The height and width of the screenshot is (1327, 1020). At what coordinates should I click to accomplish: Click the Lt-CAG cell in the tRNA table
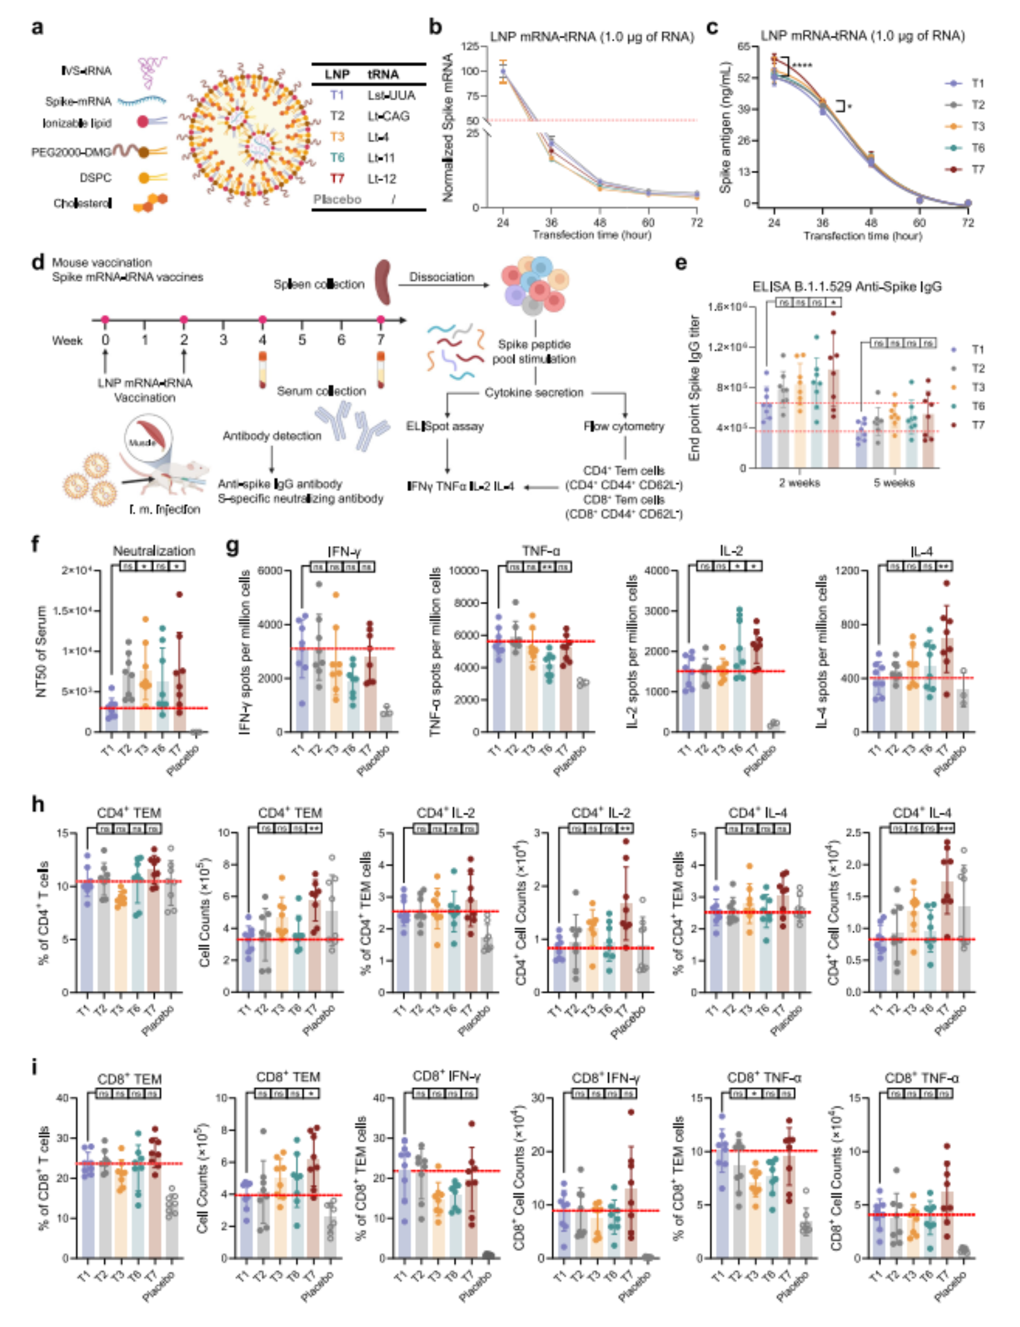coord(388,116)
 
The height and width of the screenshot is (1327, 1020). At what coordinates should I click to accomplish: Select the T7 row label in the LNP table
coord(337,179)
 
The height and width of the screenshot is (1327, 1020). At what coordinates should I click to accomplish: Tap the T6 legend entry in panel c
coord(977,148)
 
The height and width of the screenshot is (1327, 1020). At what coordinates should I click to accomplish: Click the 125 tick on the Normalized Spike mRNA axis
coord(471,46)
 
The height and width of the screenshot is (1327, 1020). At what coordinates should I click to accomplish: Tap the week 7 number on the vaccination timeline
coord(381,340)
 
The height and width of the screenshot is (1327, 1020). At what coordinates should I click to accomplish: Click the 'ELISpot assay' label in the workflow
coord(445,426)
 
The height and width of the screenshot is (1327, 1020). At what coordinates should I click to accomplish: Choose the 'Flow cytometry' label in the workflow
coord(624,426)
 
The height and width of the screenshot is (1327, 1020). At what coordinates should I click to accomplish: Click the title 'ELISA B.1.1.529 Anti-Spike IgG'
coord(847,286)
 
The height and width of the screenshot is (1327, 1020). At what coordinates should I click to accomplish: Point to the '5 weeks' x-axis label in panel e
coord(894,483)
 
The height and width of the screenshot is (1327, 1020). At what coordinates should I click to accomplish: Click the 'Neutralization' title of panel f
coord(154,551)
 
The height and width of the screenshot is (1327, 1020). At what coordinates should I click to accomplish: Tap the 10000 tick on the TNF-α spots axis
coord(463,571)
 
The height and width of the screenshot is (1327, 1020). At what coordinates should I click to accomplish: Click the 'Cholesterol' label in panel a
coord(82,203)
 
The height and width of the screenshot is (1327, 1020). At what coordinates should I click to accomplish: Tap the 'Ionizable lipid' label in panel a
coord(77,123)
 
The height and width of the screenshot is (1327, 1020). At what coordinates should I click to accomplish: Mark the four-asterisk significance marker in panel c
coord(801,66)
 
